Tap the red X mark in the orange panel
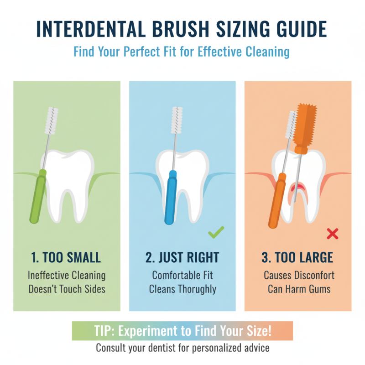pyautogui.click(x=333, y=235)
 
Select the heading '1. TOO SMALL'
pyautogui.click(x=67, y=257)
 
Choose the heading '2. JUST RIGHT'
pyautogui.click(x=182, y=257)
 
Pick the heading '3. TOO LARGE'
pyautogui.click(x=297, y=257)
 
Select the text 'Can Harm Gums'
pyautogui.click(x=298, y=289)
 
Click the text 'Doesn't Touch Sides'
pyautogui.click(x=67, y=289)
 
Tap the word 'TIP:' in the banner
pyautogui.click(x=108, y=331)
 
